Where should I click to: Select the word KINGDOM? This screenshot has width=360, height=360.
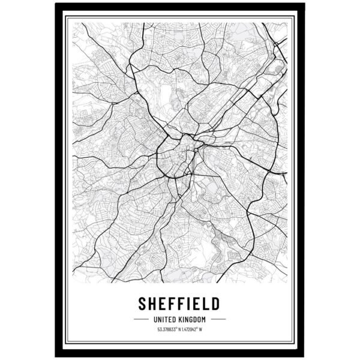pyautogui.click(x=193, y=319)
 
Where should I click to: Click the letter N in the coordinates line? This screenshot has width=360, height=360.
pyautogui.click(x=179, y=329)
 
